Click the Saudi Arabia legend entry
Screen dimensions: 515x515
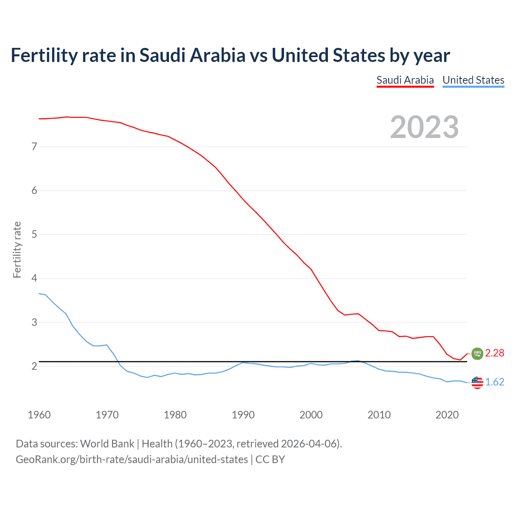pos(405,80)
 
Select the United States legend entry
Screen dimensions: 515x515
pos(473,80)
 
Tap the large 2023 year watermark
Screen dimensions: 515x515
pos(424,127)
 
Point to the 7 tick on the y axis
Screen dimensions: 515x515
pos(34,146)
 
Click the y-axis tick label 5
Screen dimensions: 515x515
pos(34,234)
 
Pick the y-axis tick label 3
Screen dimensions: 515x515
pos(34,322)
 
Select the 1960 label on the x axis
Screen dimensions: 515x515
pos(39,415)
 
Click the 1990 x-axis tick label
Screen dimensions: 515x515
pos(243,415)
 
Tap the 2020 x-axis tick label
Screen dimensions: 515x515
pos(447,415)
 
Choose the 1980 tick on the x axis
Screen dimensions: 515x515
pos(175,415)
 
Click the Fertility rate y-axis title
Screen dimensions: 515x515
pos(17,249)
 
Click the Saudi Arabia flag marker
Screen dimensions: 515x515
pos(477,353)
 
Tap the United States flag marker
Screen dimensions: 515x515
pos(477,382)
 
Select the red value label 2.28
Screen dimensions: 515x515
pos(494,353)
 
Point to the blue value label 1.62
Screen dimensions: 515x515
pos(494,382)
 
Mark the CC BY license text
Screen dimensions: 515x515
pos(270,459)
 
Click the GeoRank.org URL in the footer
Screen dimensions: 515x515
pos(132,459)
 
